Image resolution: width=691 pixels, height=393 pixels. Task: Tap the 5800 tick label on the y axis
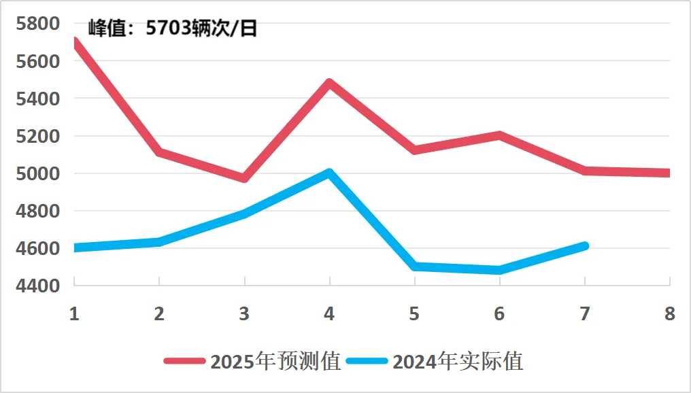click(37, 24)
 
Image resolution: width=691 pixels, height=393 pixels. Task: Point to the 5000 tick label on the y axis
click(37, 173)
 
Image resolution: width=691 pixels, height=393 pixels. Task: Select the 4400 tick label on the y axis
click(37, 286)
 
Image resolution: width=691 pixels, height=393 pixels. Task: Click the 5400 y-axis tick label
click(37, 99)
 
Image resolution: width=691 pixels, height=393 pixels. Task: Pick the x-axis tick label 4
click(329, 314)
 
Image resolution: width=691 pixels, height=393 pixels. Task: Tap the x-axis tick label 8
click(669, 314)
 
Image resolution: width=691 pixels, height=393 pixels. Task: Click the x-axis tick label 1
click(74, 314)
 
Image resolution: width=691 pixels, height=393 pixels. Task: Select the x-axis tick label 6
click(499, 314)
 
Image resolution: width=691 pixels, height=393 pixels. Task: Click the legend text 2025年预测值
click(275, 361)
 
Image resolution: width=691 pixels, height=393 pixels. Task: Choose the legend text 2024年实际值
click(458, 361)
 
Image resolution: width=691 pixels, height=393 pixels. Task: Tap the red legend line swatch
click(184, 362)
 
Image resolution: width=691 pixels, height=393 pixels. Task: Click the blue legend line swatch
click(367, 362)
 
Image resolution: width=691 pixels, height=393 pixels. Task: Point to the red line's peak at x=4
click(329, 83)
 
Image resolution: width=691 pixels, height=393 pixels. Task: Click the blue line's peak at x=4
click(329, 173)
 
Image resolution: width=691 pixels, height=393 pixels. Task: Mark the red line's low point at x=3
click(244, 178)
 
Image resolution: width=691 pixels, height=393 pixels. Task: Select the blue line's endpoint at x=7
click(584, 245)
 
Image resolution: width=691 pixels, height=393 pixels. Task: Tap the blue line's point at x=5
click(414, 267)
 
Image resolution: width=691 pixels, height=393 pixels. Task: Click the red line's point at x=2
click(159, 152)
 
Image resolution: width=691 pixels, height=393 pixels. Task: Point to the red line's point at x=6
click(499, 135)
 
